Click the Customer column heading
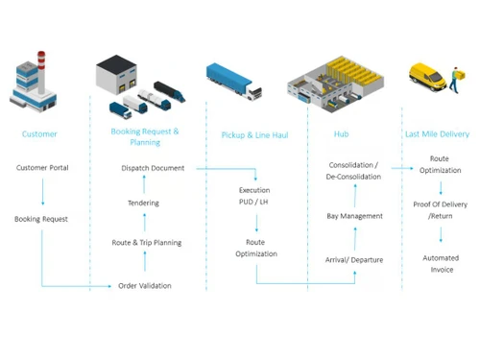[x=39, y=134]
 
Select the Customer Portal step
[x=42, y=168]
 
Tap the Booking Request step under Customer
[x=41, y=219]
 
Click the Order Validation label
[x=145, y=286]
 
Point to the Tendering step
[x=144, y=203]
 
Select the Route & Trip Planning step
[x=146, y=243]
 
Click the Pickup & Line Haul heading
[x=254, y=135]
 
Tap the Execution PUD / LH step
[x=255, y=196]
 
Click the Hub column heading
[x=341, y=134]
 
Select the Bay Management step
[x=354, y=216]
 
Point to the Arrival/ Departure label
[x=353, y=259]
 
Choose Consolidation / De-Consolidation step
[x=353, y=171]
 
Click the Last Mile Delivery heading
[x=437, y=134]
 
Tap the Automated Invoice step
[x=441, y=264]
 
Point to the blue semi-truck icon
[x=233, y=83]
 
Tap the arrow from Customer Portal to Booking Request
[x=42, y=193]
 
